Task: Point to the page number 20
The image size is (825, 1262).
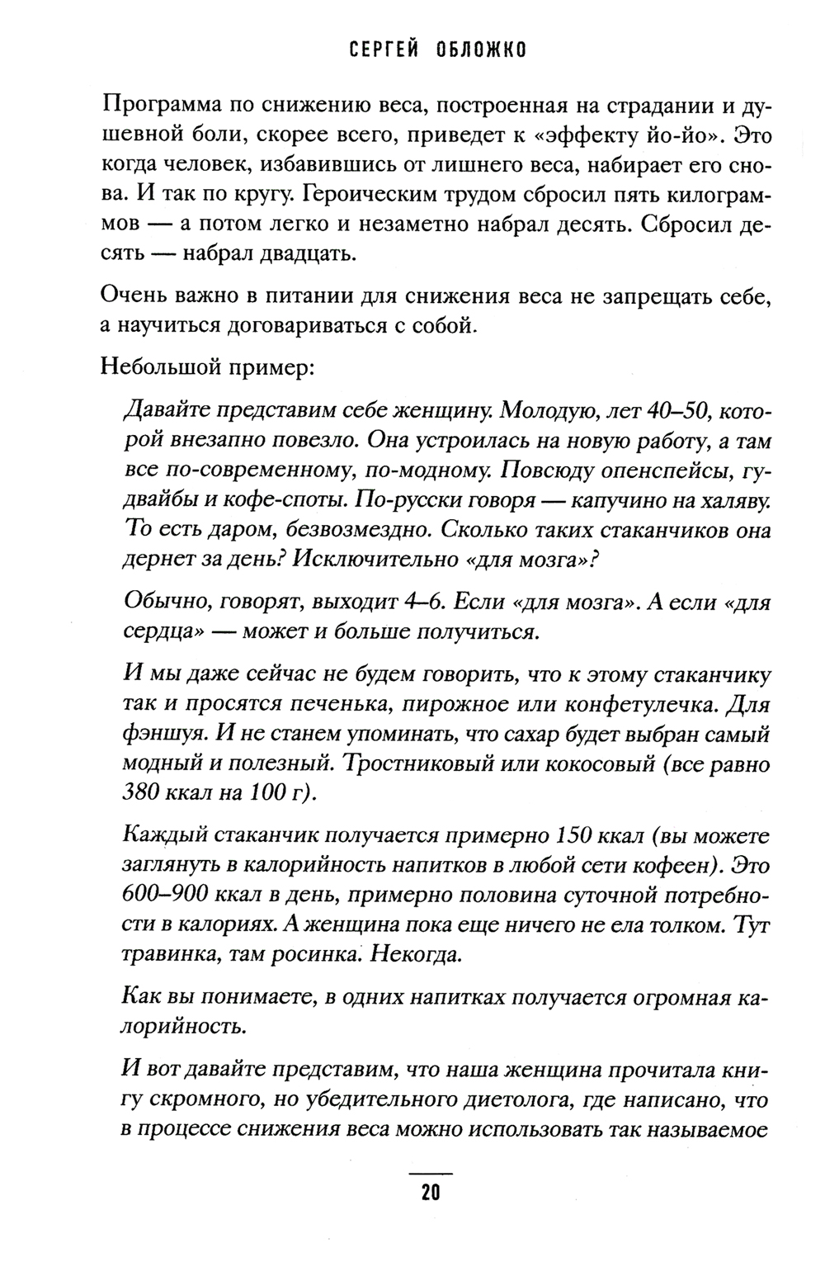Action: point(431,1193)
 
